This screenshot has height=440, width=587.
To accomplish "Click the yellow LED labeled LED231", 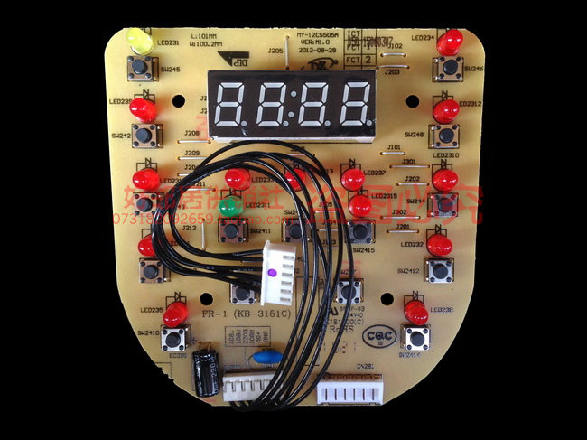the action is [x=139, y=40].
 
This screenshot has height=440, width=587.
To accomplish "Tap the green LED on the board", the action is [x=231, y=206].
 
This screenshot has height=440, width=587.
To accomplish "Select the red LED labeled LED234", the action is [x=450, y=41].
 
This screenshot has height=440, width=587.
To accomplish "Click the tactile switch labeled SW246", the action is [x=447, y=68].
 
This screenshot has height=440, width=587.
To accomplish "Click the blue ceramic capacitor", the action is [x=262, y=357].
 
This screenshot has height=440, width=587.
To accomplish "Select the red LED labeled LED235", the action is [x=176, y=314].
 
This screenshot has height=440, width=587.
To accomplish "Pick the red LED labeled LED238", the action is [x=415, y=313].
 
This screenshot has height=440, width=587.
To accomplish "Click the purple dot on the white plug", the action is [x=270, y=271].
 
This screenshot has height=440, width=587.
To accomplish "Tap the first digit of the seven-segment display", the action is [x=230, y=105].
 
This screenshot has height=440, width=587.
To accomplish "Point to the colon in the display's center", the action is [x=293, y=106].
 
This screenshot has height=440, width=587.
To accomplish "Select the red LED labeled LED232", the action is [x=440, y=244].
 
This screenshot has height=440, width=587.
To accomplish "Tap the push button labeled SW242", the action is [x=146, y=136].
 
